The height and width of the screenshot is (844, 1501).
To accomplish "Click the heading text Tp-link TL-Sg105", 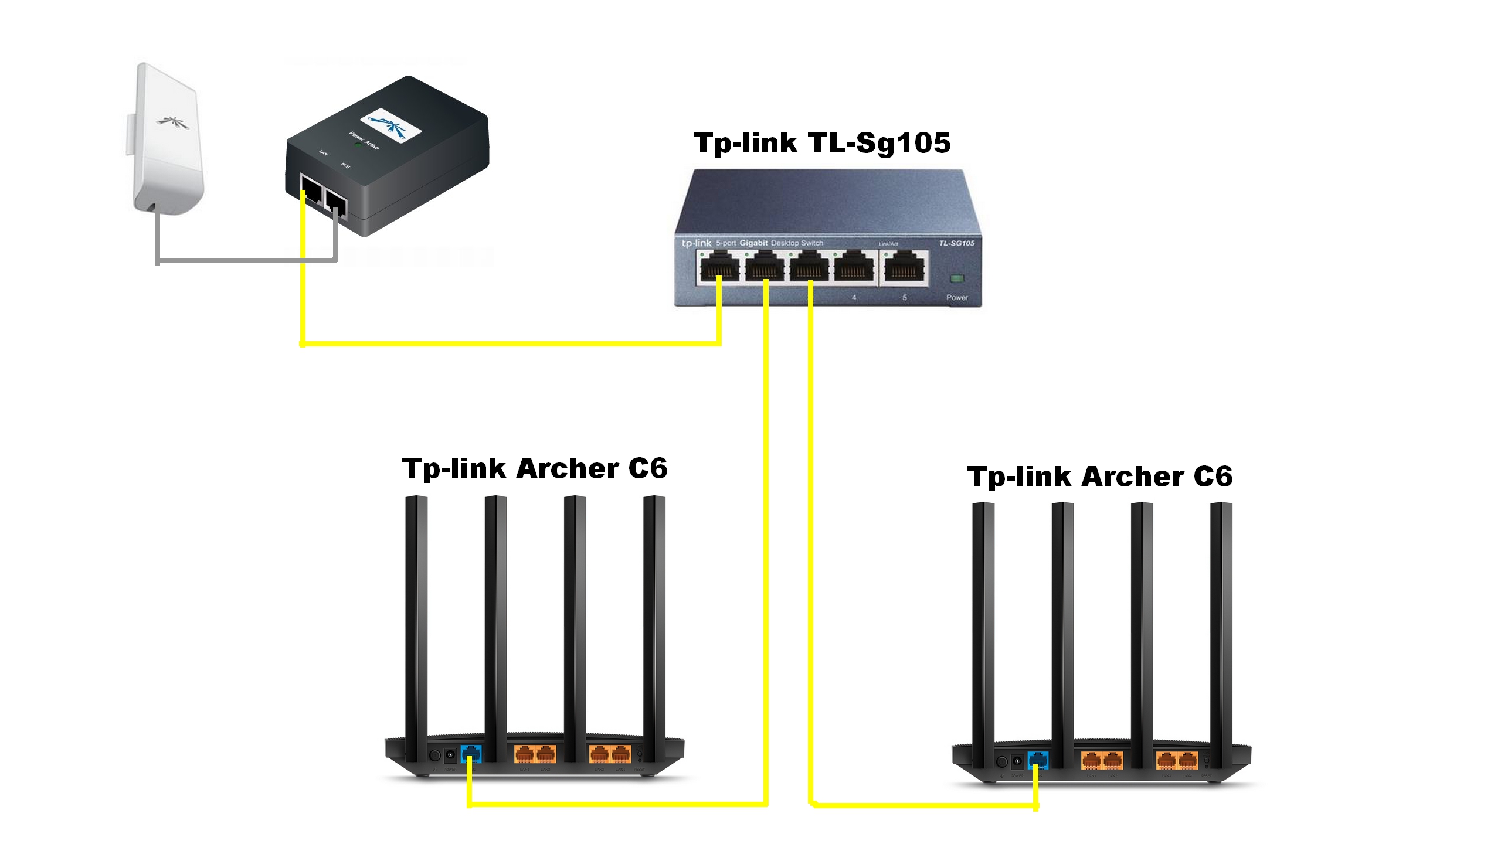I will click(821, 143).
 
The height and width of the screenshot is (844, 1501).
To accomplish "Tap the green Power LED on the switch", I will click(956, 278).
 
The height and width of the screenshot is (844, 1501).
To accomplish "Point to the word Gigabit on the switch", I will click(753, 243).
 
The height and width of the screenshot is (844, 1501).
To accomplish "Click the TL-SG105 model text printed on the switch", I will click(956, 243).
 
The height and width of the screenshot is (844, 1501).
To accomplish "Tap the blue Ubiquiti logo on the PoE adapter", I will click(390, 125).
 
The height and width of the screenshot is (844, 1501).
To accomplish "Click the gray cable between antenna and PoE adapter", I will click(246, 259).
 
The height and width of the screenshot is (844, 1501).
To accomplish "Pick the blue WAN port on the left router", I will click(471, 753).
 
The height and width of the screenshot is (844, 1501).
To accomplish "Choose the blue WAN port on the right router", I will click(1038, 760).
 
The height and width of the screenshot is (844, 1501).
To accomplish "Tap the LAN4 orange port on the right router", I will click(1187, 760).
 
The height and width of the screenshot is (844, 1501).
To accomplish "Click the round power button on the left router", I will click(435, 755).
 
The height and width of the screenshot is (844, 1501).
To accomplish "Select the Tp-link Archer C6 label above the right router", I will click(1099, 477).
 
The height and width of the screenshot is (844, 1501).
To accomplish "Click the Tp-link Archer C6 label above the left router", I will click(534, 468).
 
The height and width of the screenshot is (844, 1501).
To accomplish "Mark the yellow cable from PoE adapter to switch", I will click(510, 343).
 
